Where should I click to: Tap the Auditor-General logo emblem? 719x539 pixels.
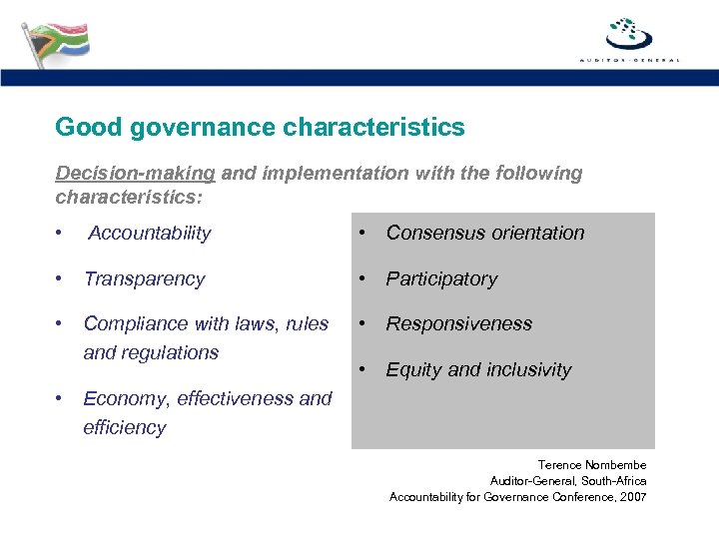click(629, 34)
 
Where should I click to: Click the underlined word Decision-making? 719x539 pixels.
click(135, 174)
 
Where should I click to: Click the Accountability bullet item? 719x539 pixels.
click(149, 234)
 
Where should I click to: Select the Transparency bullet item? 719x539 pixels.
click(144, 279)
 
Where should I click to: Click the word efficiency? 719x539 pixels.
click(125, 427)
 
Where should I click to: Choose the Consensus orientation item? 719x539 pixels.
click(484, 234)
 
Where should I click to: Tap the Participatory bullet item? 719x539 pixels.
click(441, 279)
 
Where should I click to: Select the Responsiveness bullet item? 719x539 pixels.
click(458, 323)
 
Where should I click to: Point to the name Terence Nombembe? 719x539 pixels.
click(591, 465)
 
